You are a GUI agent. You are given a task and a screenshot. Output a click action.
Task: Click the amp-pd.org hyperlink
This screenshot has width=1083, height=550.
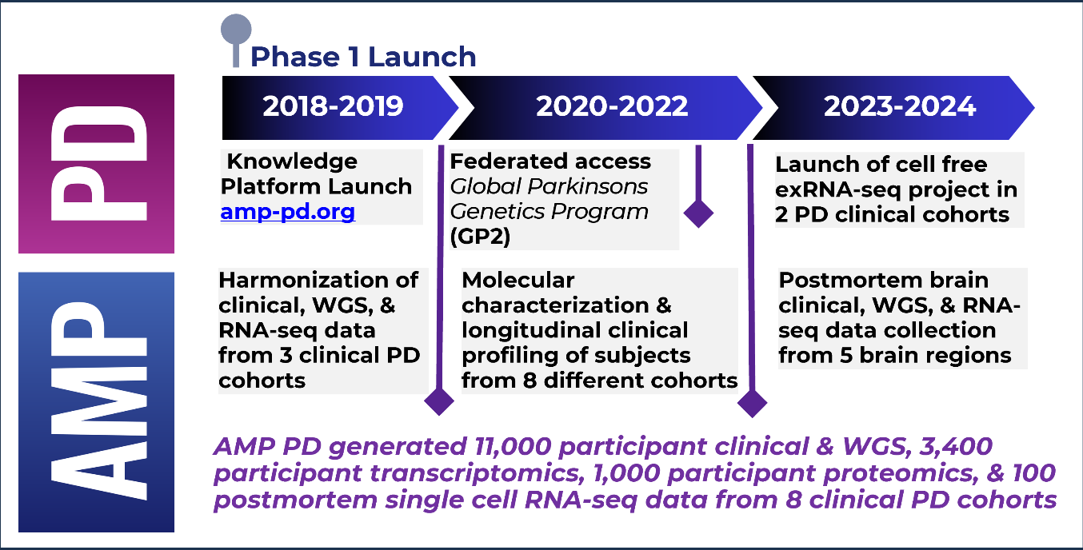pyautogui.click(x=287, y=213)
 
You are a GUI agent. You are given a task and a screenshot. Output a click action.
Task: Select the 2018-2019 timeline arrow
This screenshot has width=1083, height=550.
pyautogui.click(x=333, y=107)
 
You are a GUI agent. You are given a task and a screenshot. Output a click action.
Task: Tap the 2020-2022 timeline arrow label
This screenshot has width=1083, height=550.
pyautogui.click(x=611, y=107)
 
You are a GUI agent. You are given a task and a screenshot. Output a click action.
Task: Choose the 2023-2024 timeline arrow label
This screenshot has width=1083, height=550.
pyautogui.click(x=900, y=107)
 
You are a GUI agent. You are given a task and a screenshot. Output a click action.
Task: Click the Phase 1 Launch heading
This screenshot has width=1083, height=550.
pyautogui.click(x=363, y=58)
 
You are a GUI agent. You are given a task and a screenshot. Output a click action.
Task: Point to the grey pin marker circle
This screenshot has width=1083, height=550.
pyautogui.click(x=236, y=30)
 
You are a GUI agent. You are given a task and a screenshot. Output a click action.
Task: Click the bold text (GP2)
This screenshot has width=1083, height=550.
pyautogui.click(x=480, y=237)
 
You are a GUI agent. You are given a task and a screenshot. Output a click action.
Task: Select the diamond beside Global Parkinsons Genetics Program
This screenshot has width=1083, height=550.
pyautogui.click(x=699, y=213)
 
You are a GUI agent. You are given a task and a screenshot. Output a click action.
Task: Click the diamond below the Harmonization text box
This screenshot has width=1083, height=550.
pyautogui.click(x=438, y=401)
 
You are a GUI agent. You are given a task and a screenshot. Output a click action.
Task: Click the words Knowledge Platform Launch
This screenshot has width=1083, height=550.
pyautogui.click(x=316, y=174)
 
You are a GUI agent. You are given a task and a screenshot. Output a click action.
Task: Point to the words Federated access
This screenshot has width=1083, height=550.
pyautogui.click(x=550, y=161)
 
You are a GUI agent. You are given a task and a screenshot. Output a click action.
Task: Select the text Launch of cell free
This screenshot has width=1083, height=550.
pyautogui.click(x=881, y=165)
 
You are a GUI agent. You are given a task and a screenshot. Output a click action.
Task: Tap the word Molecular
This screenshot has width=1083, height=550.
pyautogui.click(x=518, y=281)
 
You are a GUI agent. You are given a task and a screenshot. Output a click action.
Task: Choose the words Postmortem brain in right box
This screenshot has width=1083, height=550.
pyautogui.click(x=883, y=281)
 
